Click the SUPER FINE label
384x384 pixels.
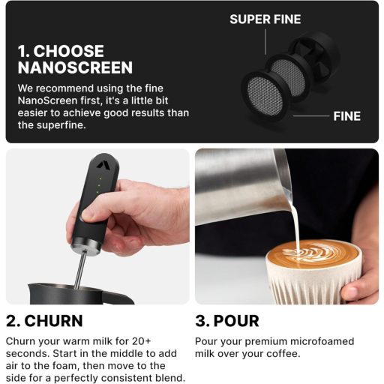[265, 19]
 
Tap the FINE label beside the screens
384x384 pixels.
[346, 116]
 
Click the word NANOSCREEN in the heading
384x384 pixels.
[74, 67]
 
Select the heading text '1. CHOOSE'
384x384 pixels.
[61, 51]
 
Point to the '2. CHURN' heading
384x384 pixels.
[44, 321]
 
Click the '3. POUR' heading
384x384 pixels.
[227, 321]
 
